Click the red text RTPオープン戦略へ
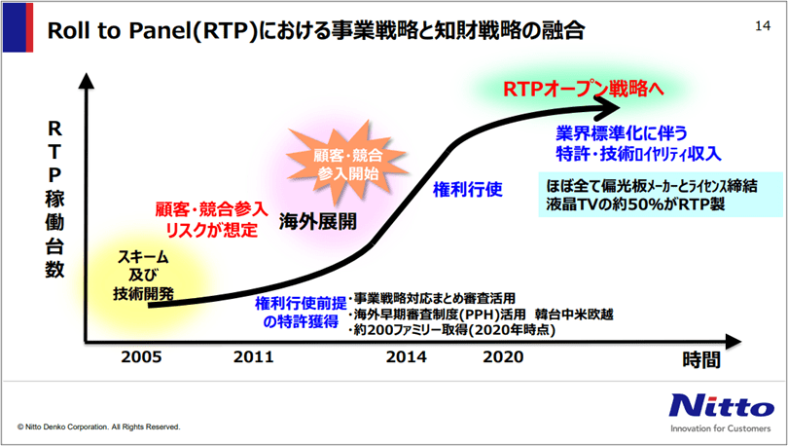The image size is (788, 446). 583,89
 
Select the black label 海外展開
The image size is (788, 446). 318,220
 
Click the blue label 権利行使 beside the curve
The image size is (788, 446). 467,189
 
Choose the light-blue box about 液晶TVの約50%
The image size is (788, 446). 637,199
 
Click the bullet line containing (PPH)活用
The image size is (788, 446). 482,315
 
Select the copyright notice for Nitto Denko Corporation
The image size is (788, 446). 98,427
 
